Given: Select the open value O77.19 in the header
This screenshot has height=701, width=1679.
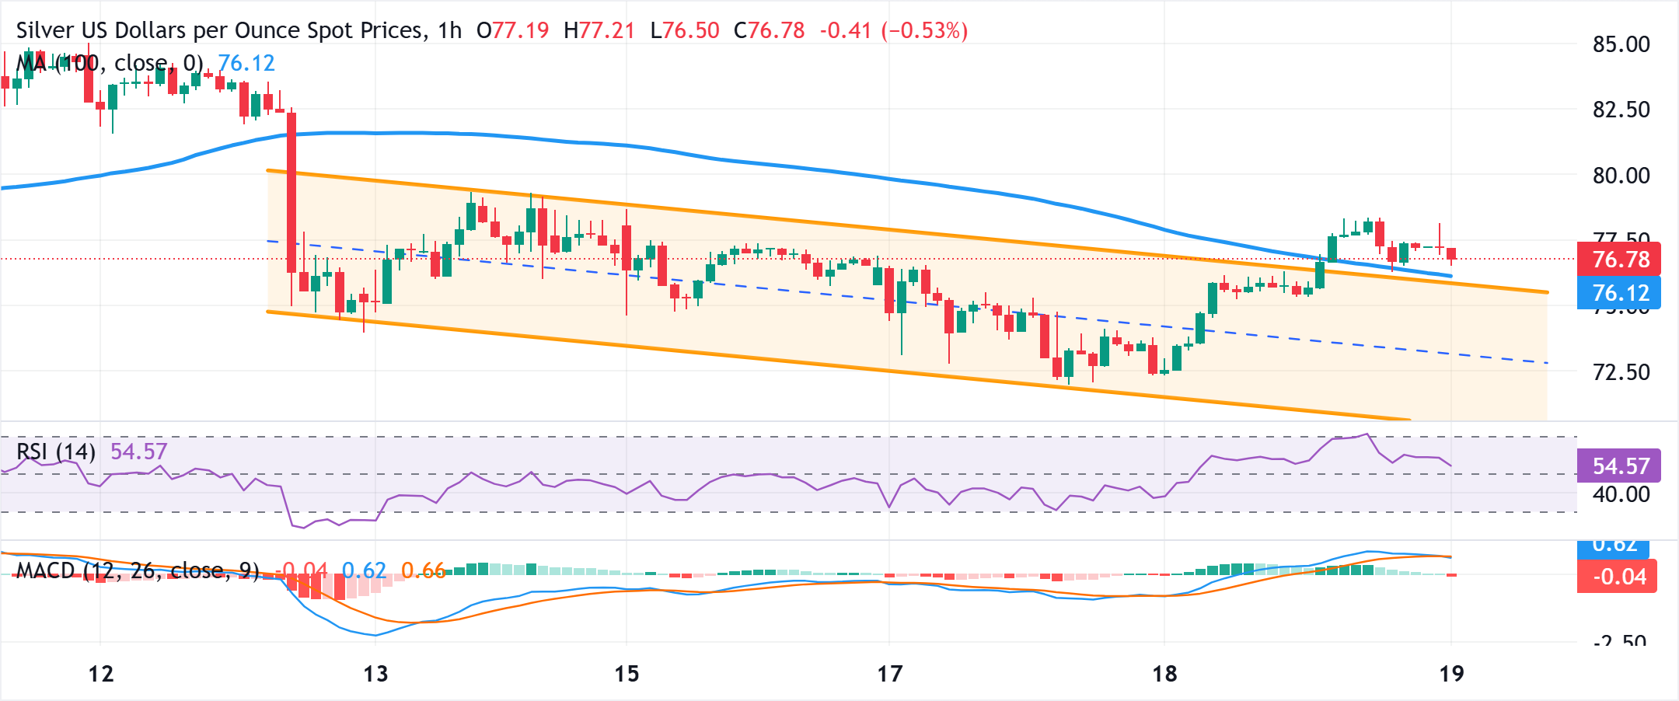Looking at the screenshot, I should coord(513,30).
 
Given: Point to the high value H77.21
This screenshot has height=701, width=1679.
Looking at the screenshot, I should coord(599,30).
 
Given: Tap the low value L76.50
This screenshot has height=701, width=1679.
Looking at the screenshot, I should coord(685,30).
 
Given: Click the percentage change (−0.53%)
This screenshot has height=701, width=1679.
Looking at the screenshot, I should coord(924,30).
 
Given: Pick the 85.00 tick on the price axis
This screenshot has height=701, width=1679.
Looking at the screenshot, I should coord(1621,44).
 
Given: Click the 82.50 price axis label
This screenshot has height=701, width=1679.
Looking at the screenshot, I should coord(1621,110).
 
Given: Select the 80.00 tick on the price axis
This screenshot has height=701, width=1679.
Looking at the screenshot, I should coord(1621,176).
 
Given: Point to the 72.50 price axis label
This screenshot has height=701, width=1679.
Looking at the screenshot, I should coord(1621,372).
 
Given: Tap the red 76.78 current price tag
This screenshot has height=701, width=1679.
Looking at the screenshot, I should coord(1619,259).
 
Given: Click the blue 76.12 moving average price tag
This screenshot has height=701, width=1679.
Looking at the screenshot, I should coord(1619,293).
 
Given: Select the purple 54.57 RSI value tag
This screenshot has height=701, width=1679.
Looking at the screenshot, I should coord(1619,466).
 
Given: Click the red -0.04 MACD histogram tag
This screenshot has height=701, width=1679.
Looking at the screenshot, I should coord(1618,577).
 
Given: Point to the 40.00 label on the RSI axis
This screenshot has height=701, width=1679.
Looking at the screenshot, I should coord(1621,494).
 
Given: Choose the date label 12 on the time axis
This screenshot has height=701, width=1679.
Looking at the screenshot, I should coord(101,674).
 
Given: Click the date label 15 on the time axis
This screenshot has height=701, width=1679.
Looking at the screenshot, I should coord(627,674).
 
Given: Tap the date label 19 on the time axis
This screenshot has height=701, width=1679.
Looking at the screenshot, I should coord(1451,674).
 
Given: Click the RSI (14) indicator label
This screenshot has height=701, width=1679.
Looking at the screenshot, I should coord(56,452).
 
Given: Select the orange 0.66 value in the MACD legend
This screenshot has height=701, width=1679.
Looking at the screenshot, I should coord(423,571).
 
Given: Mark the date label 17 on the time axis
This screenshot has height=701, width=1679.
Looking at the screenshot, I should coord(889,674).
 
